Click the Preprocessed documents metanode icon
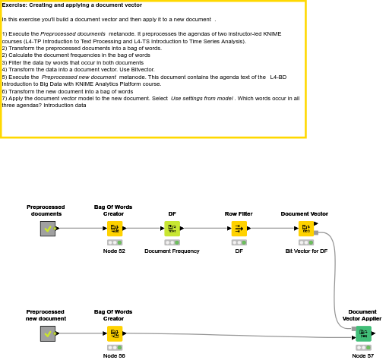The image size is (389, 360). pyautogui.click(x=48, y=229)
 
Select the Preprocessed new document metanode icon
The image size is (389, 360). pyautogui.click(x=48, y=333)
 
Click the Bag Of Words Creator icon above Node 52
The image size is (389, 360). pyautogui.click(x=115, y=229)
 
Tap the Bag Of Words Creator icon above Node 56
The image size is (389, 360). pyautogui.click(x=115, y=333)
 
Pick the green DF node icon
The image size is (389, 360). pyautogui.click(x=172, y=229)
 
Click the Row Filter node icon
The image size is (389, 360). pyautogui.click(x=239, y=229)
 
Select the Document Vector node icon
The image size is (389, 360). pyautogui.click(x=306, y=229)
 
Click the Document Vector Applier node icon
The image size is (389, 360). pyautogui.click(x=364, y=333)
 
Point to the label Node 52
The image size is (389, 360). pyautogui.click(x=114, y=251)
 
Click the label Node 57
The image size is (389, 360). pyautogui.click(x=363, y=356)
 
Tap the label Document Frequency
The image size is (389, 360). pyautogui.click(x=172, y=251)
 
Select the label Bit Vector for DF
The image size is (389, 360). pyautogui.click(x=306, y=251)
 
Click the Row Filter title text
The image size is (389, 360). pyautogui.click(x=239, y=214)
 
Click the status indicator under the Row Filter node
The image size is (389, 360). pyautogui.click(x=239, y=242)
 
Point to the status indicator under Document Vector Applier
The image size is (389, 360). pyautogui.click(x=364, y=348)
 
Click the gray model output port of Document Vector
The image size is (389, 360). pyautogui.click(x=316, y=232)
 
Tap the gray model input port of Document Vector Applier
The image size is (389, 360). pyautogui.click(x=354, y=329)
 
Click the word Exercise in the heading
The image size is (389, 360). pyautogui.click(x=14, y=5)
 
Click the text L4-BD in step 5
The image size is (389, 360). pyautogui.click(x=278, y=77)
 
